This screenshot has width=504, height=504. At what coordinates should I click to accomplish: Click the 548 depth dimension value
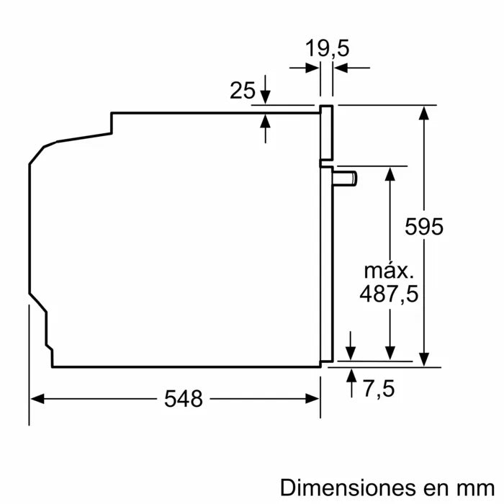(182, 398)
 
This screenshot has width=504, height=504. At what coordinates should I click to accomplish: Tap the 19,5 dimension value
(327, 49)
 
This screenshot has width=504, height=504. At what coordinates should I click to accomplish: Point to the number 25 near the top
(243, 91)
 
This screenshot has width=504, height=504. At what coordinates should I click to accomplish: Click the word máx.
(389, 271)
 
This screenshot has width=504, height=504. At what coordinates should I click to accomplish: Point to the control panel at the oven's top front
(328, 132)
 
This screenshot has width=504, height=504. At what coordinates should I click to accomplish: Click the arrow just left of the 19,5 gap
(312, 68)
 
